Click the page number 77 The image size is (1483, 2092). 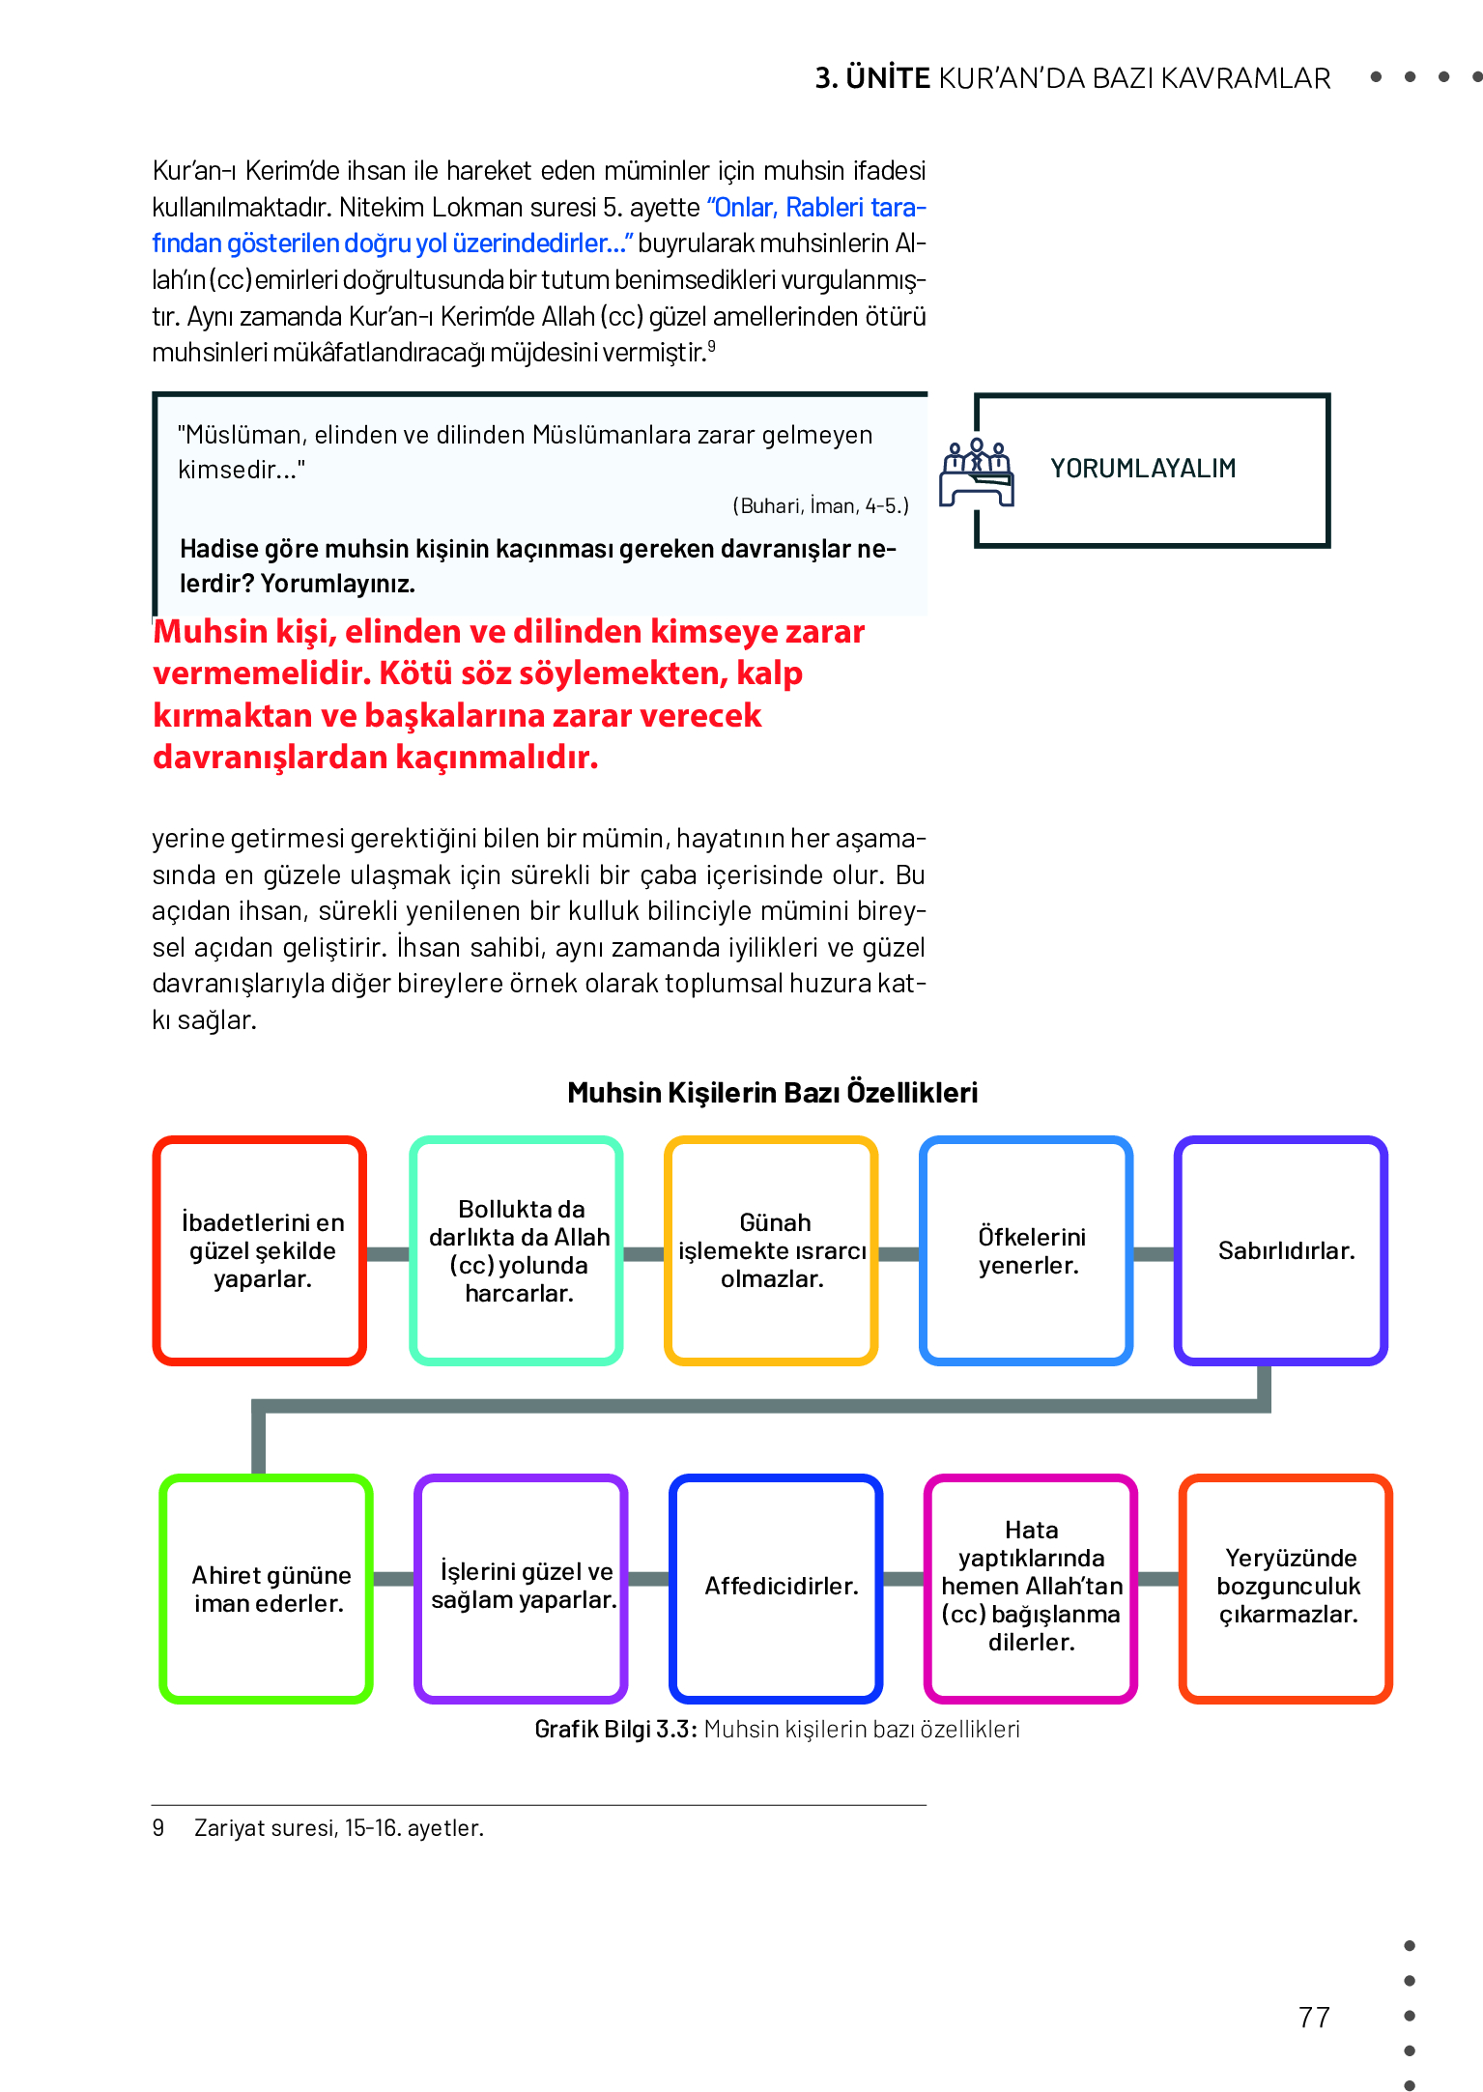tap(1314, 2017)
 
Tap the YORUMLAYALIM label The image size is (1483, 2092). tap(1143, 469)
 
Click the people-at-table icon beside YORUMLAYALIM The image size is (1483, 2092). tap(977, 472)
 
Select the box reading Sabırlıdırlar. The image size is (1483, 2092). tap(1281, 1250)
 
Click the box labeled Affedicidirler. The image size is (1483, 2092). tap(776, 1588)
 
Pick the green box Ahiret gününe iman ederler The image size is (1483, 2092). tap(267, 1588)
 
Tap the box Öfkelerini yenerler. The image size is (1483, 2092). tap(1026, 1250)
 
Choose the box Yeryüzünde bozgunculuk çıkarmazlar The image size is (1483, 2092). tap(1286, 1588)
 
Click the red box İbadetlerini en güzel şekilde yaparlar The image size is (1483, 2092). tap(260, 1250)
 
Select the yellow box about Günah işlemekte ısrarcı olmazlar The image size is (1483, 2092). tap(771, 1250)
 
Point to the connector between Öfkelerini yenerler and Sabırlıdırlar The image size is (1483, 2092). tap(1154, 1254)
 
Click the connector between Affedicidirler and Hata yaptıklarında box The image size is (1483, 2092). tap(903, 1579)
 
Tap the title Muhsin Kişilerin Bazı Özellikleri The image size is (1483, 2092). tap(772, 1093)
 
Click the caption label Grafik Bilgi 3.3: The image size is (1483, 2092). tap(615, 1730)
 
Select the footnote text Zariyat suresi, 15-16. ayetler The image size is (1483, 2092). tap(338, 1828)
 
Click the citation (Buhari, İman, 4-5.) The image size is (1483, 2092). tap(820, 506)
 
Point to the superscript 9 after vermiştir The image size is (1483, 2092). tap(712, 346)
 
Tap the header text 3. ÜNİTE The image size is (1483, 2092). tap(872, 78)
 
